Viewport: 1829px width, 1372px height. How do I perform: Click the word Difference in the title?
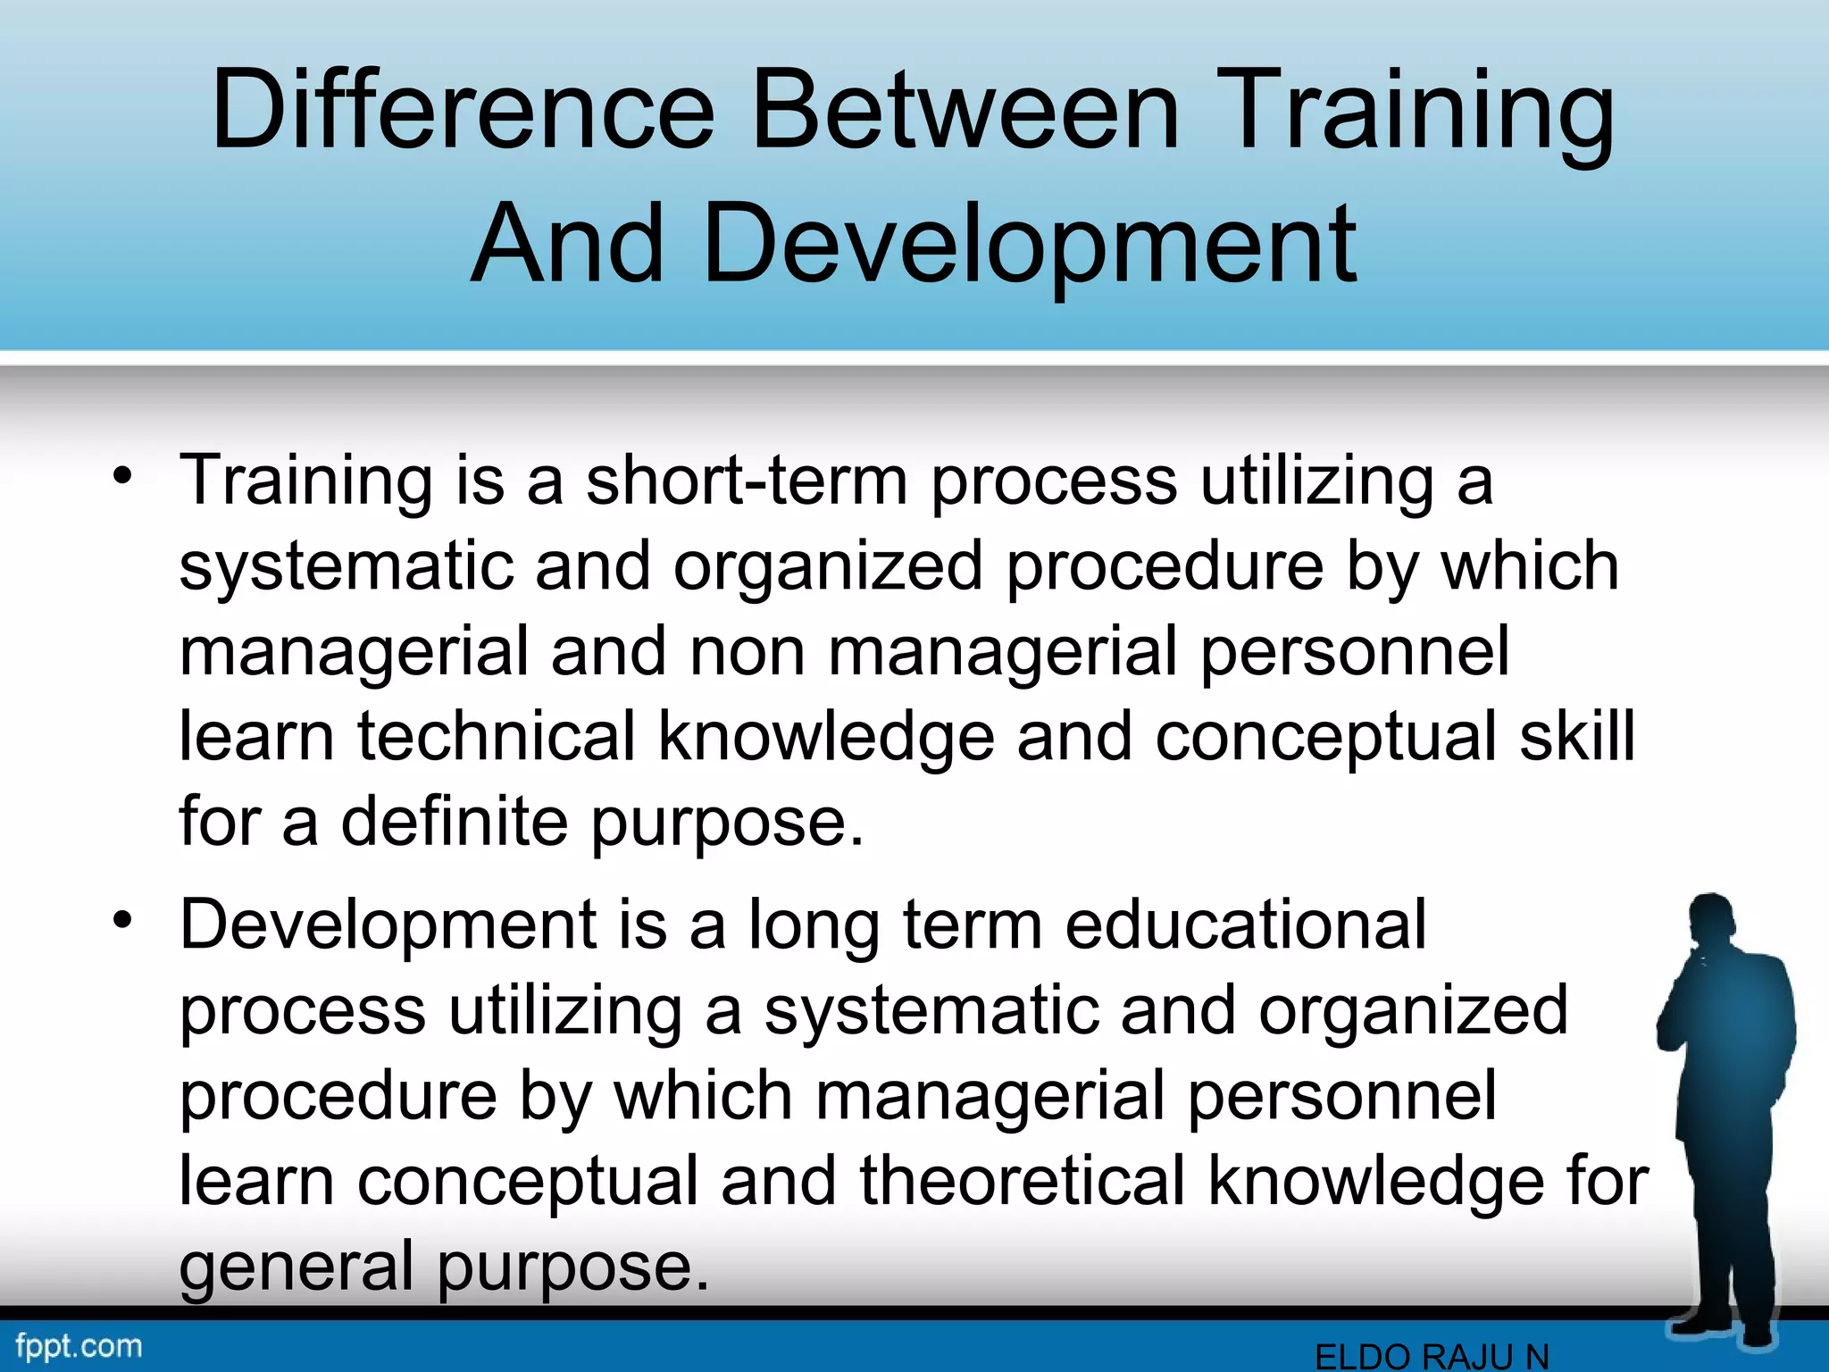click(463, 112)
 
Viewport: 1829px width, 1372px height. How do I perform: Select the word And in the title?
click(568, 244)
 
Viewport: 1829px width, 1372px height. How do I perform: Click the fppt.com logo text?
click(79, 1345)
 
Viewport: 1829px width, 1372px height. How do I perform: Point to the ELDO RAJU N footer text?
click(1432, 1356)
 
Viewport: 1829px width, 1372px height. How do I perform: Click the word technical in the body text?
click(497, 736)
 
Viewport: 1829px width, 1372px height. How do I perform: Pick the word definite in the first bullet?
click(454, 821)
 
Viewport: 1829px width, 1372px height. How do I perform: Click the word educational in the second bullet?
click(1245, 924)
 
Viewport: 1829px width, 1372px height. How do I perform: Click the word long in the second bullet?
click(814, 925)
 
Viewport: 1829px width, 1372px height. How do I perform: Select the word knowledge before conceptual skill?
click(826, 737)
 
